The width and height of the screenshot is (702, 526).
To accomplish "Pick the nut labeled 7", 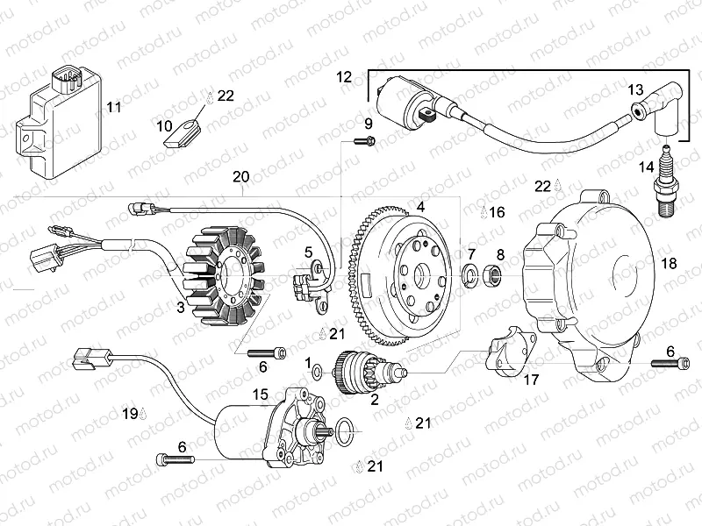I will click(x=472, y=277).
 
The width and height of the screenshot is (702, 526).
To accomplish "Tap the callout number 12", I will click(x=343, y=77).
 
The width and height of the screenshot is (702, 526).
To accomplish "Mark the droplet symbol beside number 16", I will click(x=484, y=212).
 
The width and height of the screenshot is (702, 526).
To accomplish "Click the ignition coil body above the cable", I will click(x=399, y=97).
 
